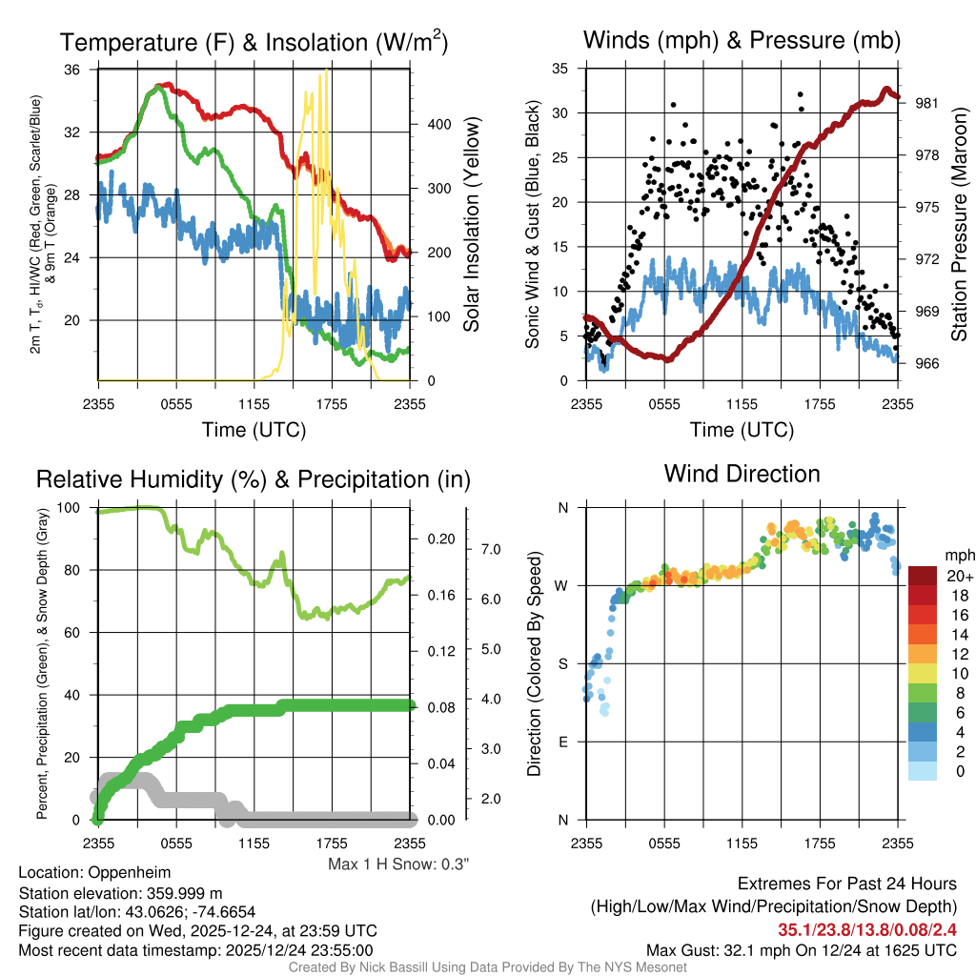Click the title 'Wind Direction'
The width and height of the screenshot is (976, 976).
[742, 474]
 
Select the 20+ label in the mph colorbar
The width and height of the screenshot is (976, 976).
[957, 576]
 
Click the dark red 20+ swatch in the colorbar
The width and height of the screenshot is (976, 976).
[923, 576]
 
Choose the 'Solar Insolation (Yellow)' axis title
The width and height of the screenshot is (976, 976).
[472, 224]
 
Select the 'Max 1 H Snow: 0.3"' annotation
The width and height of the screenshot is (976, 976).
[398, 864]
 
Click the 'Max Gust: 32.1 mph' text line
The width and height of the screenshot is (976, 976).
[802, 949]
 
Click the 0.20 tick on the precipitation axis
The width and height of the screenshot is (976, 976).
[441, 539]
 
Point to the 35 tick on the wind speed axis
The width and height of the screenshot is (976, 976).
[561, 69]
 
